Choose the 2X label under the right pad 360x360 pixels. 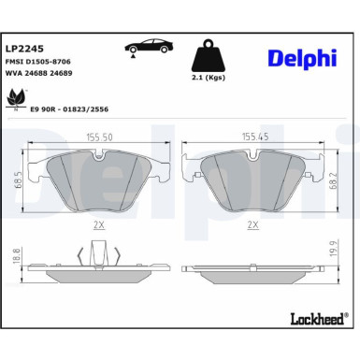tap(252, 225)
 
